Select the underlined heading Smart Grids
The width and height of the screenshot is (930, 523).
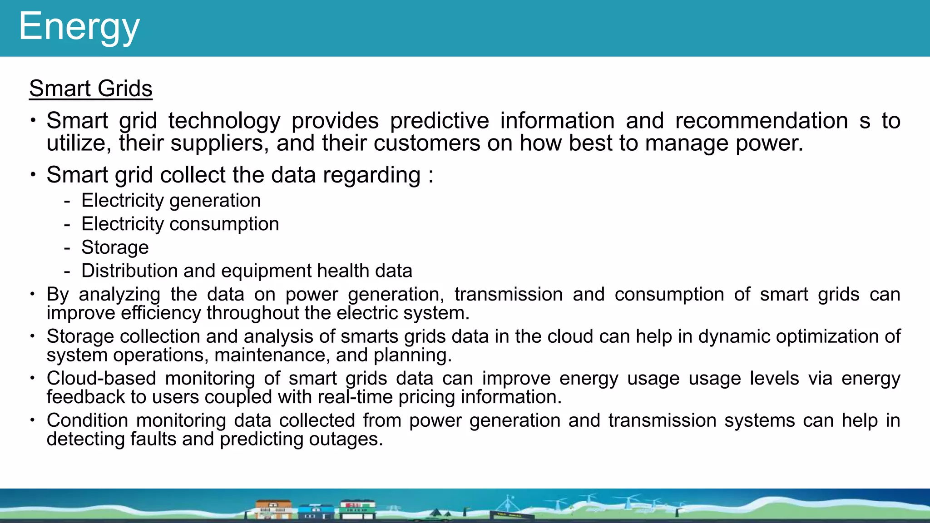91,88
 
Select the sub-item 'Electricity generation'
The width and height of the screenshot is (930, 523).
171,200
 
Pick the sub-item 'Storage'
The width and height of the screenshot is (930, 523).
115,247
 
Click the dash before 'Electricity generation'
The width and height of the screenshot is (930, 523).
67,200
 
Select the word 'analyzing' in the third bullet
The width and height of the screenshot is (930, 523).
119,295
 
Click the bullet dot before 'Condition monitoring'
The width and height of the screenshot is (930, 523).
33,420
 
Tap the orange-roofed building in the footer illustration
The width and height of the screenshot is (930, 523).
273,509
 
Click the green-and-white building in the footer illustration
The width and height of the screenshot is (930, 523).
358,508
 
